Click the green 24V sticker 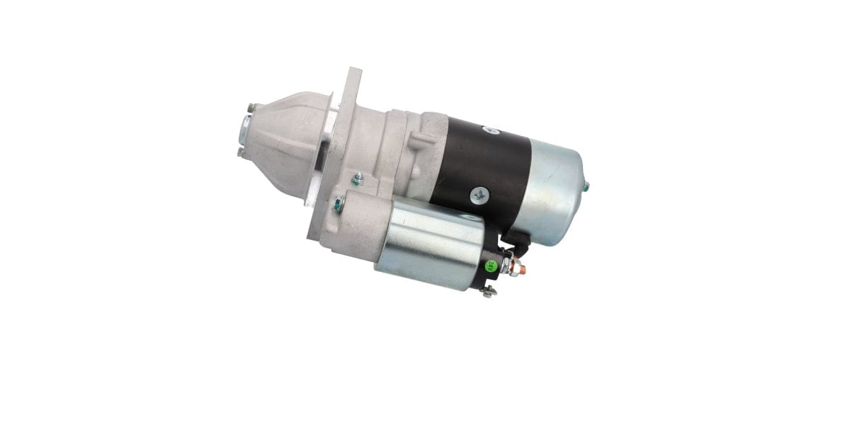[x=490, y=267]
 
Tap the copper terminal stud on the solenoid [x=518, y=268]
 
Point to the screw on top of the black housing [x=487, y=130]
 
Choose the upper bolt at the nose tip [x=250, y=108]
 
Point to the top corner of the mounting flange [x=354, y=71]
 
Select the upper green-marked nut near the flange [x=358, y=180]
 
